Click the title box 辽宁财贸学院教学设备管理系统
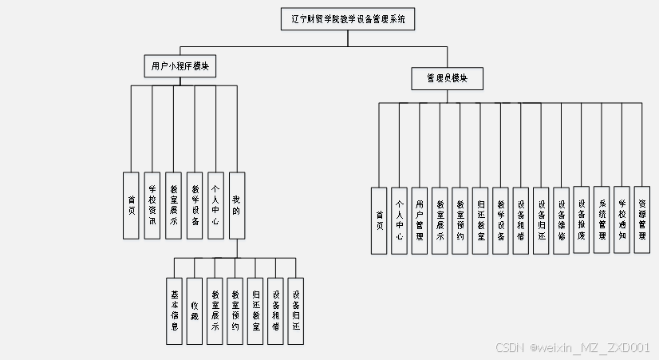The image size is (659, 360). point(349,19)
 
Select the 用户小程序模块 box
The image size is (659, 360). point(181,66)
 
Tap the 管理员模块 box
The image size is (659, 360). point(447,78)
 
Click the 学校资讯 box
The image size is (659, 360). point(152,205)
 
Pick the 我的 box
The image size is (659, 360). point(236,205)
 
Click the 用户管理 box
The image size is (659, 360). point(420,220)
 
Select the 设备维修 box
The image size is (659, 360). point(561,220)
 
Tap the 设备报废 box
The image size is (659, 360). point(582,220)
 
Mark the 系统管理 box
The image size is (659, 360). point(602,220)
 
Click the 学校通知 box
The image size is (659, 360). point(622,220)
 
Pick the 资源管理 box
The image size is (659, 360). point(642,220)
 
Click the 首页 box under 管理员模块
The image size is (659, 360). point(379,220)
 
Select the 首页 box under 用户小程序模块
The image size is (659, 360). point(132,205)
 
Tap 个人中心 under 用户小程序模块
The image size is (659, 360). point(215,205)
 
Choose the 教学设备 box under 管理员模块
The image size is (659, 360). point(500,220)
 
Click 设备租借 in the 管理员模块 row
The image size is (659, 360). point(520,220)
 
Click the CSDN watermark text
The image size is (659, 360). point(572,348)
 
